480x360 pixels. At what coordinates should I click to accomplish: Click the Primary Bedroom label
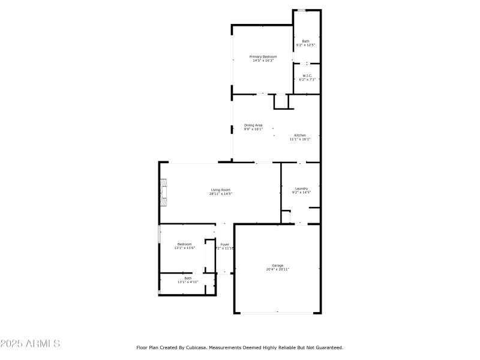click(263, 56)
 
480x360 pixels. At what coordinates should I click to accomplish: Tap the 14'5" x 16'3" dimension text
click(263, 61)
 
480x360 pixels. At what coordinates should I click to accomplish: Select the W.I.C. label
click(306, 75)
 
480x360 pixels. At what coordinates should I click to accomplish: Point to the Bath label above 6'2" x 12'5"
click(306, 41)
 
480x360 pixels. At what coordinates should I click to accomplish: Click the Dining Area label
click(253, 125)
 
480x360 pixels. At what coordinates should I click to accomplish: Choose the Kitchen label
click(300, 135)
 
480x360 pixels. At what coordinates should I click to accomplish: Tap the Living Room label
click(220, 190)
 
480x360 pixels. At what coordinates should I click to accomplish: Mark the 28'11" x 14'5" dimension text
click(220, 194)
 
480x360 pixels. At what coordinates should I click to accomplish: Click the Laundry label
click(301, 188)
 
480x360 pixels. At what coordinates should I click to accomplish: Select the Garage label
click(277, 265)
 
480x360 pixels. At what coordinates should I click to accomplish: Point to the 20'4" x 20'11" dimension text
click(277, 269)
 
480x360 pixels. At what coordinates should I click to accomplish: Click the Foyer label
click(224, 244)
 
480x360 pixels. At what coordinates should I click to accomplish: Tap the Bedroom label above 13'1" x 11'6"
click(184, 244)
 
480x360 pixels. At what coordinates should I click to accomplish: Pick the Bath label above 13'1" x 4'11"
click(188, 278)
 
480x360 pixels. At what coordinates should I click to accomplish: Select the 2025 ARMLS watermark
click(30, 344)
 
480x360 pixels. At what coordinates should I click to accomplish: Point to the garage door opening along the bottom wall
click(277, 313)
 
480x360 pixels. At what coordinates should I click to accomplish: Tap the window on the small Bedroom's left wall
click(159, 234)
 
